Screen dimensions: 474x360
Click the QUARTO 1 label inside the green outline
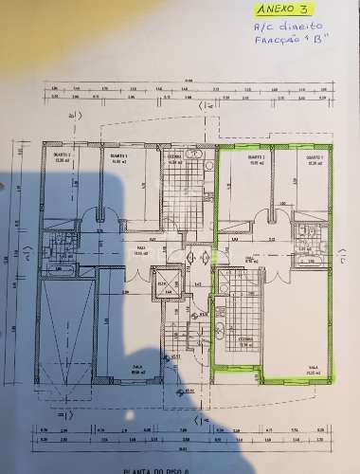315,158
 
